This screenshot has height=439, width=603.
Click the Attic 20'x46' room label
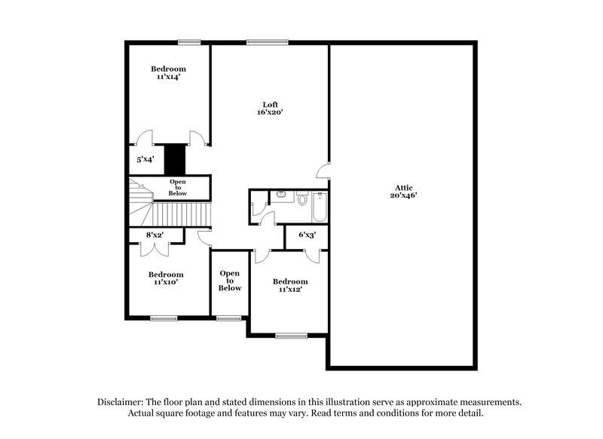point(403,191)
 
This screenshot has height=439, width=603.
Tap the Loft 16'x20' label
point(269,108)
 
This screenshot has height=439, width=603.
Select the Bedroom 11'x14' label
point(167,72)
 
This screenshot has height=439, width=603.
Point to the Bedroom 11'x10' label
point(166,278)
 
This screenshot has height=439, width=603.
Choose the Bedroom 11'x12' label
point(290,285)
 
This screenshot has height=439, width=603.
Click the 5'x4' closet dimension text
point(145,160)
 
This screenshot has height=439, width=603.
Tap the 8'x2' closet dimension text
point(155,235)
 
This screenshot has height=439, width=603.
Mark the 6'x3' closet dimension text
point(307,235)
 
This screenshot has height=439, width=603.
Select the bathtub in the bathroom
point(318,207)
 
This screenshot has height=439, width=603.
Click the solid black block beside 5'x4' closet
point(175,159)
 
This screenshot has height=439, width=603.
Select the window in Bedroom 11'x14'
point(188,42)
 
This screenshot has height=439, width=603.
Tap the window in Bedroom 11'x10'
point(163,319)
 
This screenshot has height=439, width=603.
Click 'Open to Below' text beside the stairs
point(178,187)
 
